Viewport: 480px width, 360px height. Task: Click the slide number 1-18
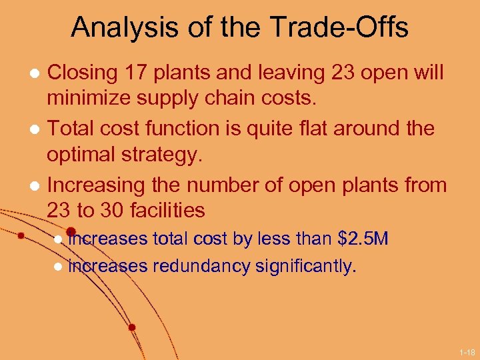(x=466, y=351)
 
